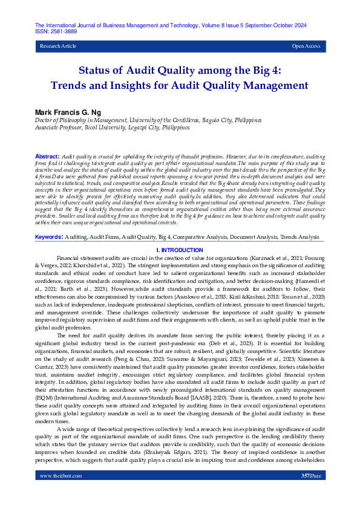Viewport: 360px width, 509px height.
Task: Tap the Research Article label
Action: coord(58,46)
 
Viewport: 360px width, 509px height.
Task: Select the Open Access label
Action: coord(306,46)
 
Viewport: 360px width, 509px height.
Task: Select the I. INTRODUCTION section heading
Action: coord(180,250)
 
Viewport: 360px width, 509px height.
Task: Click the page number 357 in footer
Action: coord(305,493)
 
